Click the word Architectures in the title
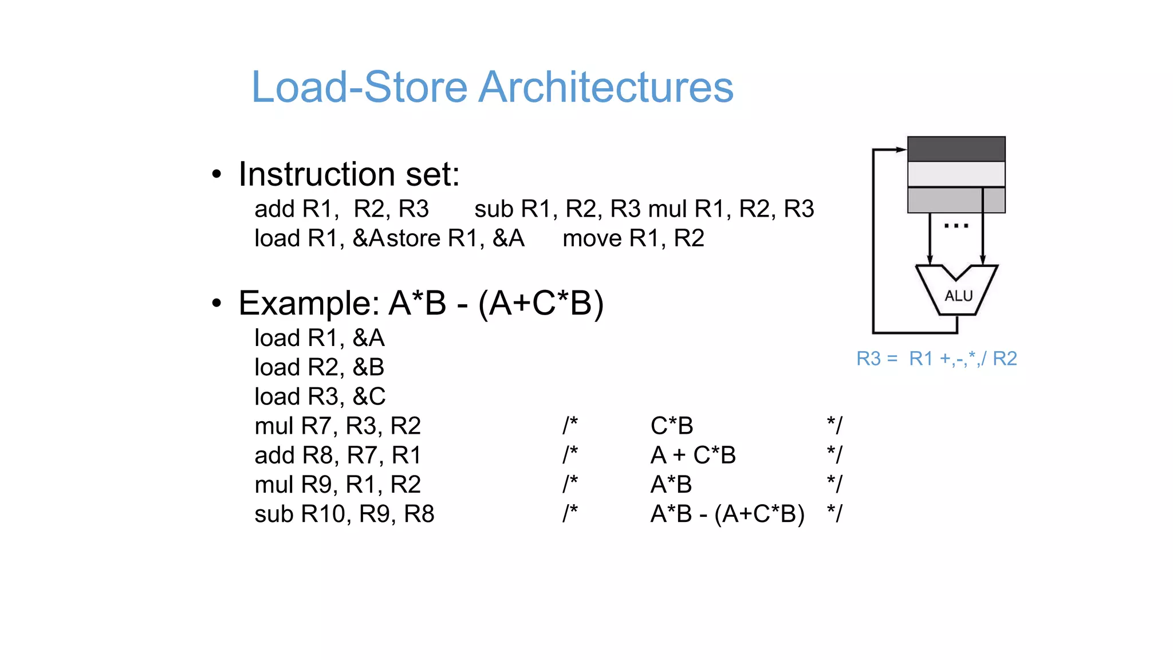pyautogui.click(x=605, y=87)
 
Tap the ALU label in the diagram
pyautogui.click(x=958, y=296)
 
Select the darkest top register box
pyautogui.click(x=956, y=149)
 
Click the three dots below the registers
pyautogui.click(x=956, y=226)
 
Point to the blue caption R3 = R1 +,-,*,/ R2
pyautogui.click(x=936, y=359)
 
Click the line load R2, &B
pyautogui.click(x=319, y=367)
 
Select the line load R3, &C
pyautogui.click(x=320, y=396)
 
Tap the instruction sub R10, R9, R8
pyautogui.click(x=344, y=514)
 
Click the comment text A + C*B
pyautogui.click(x=692, y=455)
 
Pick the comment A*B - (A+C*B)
pyautogui.click(x=727, y=514)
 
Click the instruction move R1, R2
pyautogui.click(x=633, y=238)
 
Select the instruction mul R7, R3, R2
pyautogui.click(x=337, y=426)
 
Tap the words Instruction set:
pyautogui.click(x=349, y=174)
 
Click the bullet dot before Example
pyautogui.click(x=216, y=303)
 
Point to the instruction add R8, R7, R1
pyautogui.click(x=337, y=455)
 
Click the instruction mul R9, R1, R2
pyautogui.click(x=337, y=485)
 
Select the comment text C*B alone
pyautogui.click(x=671, y=426)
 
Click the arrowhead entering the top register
pyautogui.click(x=902, y=150)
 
